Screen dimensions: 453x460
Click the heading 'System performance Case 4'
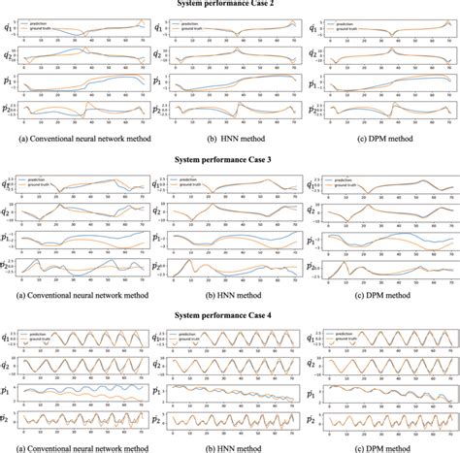[229, 314]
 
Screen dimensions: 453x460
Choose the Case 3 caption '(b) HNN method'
[229, 295]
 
